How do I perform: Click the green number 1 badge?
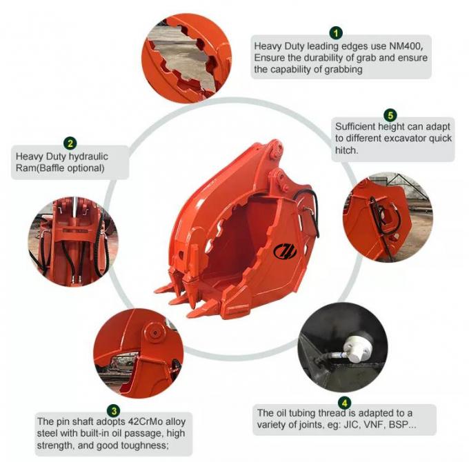pos(335,32)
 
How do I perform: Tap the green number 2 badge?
pos(70,143)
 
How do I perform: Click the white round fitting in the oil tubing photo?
pos(357,345)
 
